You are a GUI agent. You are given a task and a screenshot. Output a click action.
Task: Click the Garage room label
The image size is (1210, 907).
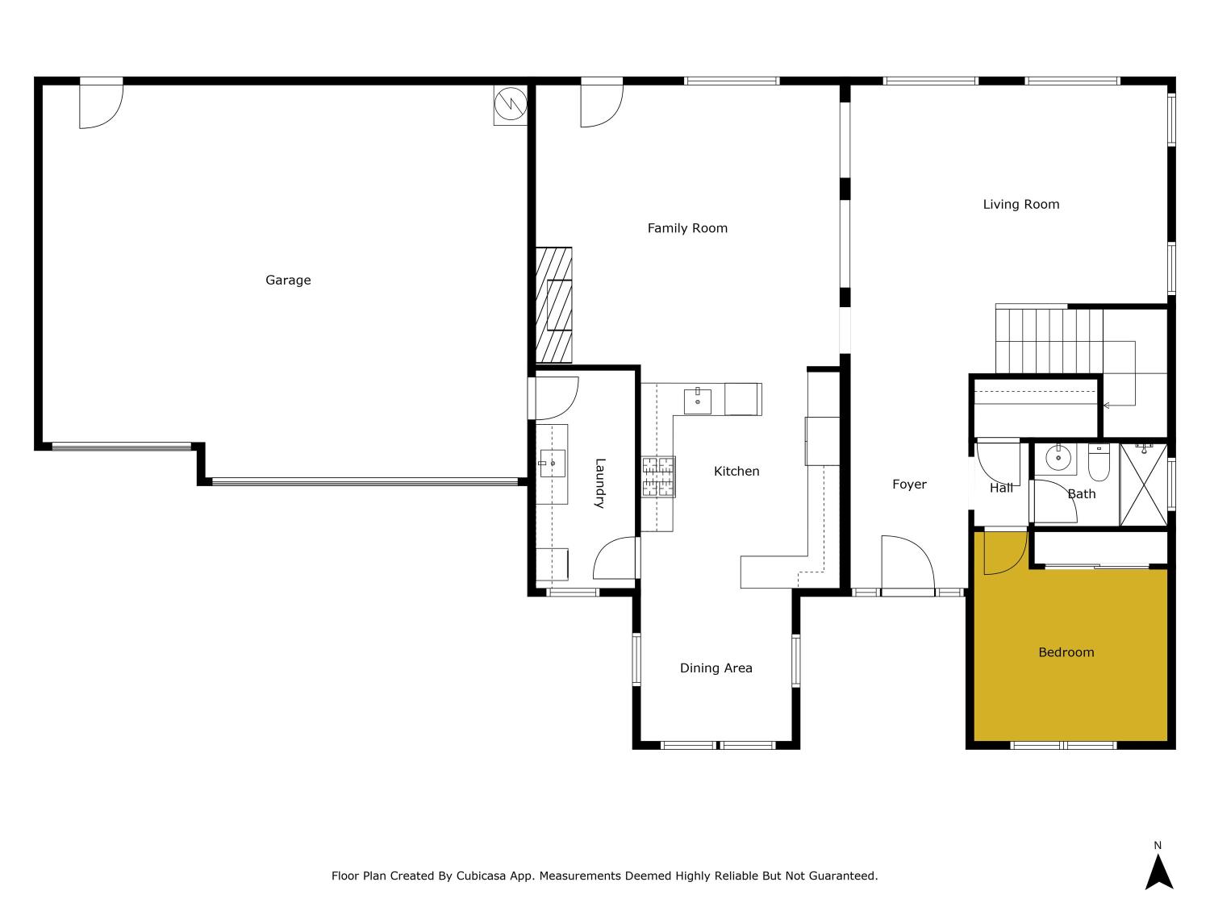288,281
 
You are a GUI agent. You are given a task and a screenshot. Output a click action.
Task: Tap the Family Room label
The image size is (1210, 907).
687,228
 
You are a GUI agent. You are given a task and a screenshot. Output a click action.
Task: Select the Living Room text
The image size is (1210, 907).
1020,205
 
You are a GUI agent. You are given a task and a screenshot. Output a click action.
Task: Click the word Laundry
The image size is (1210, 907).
599,483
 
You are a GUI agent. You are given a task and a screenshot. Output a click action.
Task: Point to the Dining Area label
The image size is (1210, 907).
716,668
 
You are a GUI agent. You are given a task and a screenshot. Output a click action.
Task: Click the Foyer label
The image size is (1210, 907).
909,485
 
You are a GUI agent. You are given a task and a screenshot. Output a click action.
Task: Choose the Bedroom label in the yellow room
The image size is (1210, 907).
1066,652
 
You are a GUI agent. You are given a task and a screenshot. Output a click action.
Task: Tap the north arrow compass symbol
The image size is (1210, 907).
1158,871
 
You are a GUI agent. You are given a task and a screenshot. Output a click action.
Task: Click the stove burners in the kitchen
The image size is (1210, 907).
658,476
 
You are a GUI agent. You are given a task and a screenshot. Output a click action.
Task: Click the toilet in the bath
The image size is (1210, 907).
1099,461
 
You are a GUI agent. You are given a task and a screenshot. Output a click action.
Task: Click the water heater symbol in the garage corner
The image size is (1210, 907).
510,104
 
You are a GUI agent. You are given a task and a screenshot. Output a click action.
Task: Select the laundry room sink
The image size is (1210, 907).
553,464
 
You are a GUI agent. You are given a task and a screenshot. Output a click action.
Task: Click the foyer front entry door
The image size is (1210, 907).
907,566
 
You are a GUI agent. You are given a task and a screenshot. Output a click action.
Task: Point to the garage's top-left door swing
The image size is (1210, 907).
100,105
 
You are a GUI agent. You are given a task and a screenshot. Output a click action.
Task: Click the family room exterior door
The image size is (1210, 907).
601,104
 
